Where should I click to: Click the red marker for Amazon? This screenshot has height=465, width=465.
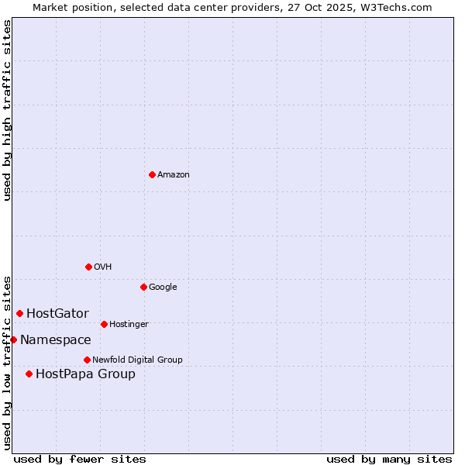click(152, 174)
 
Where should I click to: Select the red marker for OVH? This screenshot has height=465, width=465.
click(88, 267)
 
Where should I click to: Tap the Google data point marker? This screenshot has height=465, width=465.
click(143, 287)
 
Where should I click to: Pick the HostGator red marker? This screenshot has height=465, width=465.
click(20, 313)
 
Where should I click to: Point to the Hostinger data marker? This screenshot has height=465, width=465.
click(104, 324)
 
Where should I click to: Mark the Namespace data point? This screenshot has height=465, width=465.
click(13, 339)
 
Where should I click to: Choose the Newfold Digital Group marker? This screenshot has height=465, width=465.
click(87, 360)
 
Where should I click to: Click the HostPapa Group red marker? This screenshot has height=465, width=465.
click(29, 374)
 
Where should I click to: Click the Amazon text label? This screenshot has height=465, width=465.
click(174, 175)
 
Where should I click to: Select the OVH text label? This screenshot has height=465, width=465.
click(103, 267)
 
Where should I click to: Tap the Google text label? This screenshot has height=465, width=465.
click(163, 288)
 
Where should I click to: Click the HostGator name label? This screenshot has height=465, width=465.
click(57, 314)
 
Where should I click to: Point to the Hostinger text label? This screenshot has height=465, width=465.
click(129, 324)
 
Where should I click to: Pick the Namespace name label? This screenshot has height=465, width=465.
click(56, 340)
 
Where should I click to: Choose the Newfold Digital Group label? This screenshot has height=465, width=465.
click(137, 360)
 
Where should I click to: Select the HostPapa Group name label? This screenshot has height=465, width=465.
click(85, 374)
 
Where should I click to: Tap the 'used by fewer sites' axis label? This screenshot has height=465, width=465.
click(80, 459)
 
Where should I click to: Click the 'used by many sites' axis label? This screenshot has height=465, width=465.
click(389, 459)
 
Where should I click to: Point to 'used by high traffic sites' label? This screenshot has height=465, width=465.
click(7, 110)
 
